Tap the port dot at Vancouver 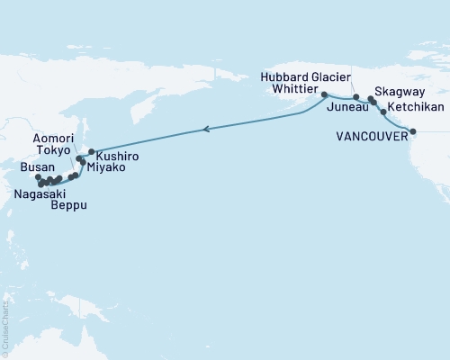[x=413, y=132]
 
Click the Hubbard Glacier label [x=307, y=77]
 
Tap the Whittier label [x=294, y=92]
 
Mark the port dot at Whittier [x=324, y=93]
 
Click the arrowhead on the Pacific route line [x=208, y=130]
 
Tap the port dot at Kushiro [x=92, y=151]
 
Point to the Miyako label [x=105, y=167]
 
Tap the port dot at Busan [x=37, y=178]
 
